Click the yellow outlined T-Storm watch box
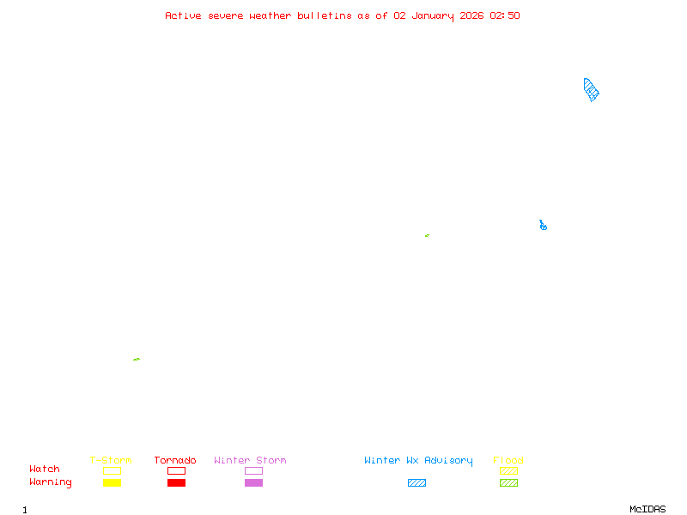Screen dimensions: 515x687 point(112,470)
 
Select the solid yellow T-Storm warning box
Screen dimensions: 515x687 point(112,482)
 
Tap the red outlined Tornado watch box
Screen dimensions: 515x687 point(176,470)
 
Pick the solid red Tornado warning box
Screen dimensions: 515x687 point(176,482)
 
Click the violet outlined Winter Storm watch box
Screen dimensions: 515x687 point(253,470)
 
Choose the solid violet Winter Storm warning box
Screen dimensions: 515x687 point(253,482)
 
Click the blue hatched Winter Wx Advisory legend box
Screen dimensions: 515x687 point(416,482)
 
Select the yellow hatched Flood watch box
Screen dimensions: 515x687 point(508,470)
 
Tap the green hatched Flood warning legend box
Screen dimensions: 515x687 point(508,482)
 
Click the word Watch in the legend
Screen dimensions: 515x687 point(45,470)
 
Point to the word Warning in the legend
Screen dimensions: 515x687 point(51,482)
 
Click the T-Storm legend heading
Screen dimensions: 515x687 point(111,460)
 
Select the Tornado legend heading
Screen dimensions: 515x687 point(175,460)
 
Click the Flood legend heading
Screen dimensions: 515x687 point(508,460)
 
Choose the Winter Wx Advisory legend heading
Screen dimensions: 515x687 point(418,460)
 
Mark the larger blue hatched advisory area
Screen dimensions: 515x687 point(591,90)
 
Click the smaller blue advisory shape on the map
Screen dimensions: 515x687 point(543,226)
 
